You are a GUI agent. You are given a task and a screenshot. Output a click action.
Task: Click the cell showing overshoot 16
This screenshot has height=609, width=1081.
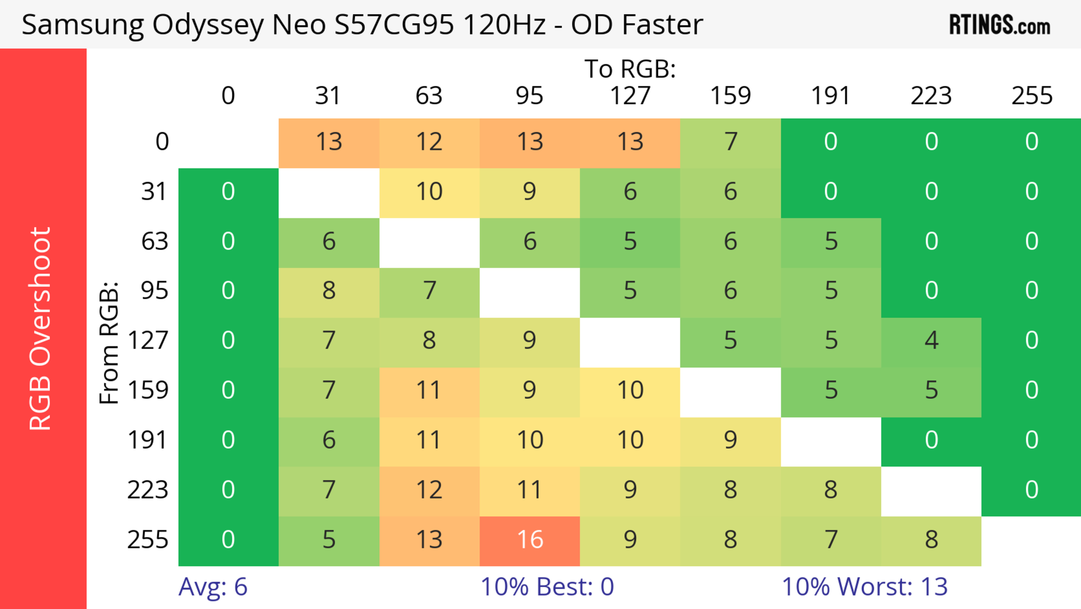pos(530,540)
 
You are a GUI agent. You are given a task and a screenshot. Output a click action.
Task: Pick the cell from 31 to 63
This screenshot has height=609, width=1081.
pos(429,192)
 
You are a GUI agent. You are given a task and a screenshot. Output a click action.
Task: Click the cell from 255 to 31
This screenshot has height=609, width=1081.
pos(329,540)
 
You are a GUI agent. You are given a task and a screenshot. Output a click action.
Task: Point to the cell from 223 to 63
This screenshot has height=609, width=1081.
pos(429,491)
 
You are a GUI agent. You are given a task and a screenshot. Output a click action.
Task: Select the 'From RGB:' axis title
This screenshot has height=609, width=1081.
pos(109,342)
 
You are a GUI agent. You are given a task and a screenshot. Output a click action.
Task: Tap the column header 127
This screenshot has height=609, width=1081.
pos(630,96)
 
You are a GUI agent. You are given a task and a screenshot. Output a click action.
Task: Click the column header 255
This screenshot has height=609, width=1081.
pos(1031,96)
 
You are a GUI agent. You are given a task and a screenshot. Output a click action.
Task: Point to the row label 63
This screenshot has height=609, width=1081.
pos(155,242)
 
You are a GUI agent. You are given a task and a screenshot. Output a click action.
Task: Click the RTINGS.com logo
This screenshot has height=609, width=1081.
pos(1000,25)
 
